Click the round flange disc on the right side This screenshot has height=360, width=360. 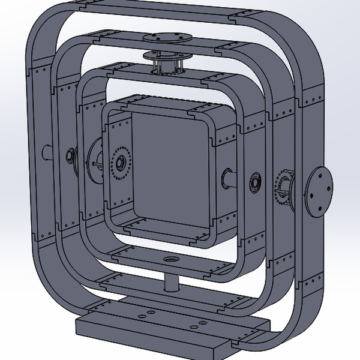point(317,192)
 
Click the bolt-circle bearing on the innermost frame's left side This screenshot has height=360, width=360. point(120,162)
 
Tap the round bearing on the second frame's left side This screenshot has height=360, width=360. point(70,157)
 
